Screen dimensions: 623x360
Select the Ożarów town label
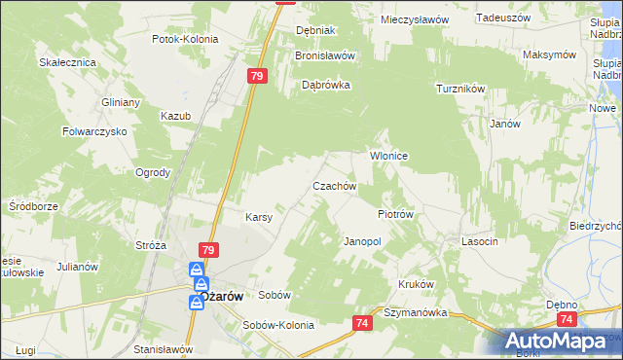[220, 295]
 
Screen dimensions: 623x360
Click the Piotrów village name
[396, 214]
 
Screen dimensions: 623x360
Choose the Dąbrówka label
[325, 85]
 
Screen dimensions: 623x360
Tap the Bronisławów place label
[325, 56]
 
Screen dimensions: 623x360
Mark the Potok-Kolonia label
[185, 40]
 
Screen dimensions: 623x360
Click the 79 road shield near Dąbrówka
[257, 76]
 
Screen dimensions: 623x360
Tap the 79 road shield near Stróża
[207, 250]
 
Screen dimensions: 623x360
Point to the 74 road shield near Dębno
[568, 318]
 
